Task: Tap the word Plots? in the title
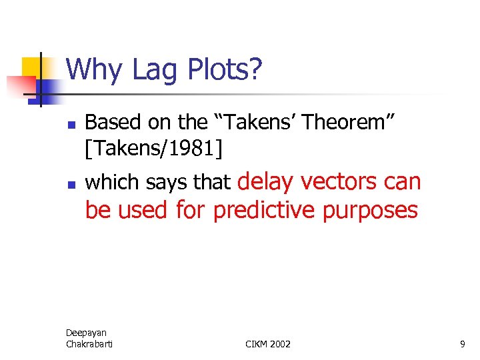225,70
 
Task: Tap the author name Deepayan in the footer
86,333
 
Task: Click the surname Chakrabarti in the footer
89,343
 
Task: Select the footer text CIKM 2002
268,344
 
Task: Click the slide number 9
462,344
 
